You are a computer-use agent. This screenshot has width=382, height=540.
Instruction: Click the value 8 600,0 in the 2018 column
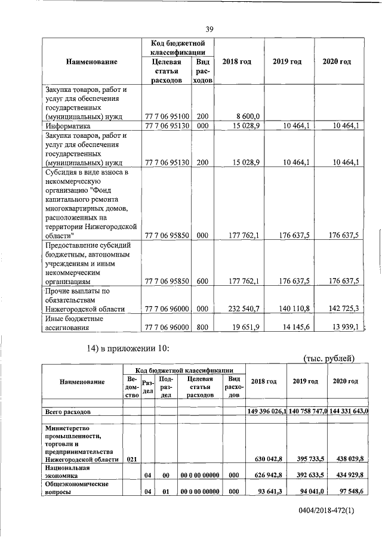247,116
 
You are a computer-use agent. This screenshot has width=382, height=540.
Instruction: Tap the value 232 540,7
244,309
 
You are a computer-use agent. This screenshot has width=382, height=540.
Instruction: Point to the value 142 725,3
343,309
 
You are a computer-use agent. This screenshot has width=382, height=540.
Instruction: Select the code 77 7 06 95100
167,116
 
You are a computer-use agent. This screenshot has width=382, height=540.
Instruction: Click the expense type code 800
202,327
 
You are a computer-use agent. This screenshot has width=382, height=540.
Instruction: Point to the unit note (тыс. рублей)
329,358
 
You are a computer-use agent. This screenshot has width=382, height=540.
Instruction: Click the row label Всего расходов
69,412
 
